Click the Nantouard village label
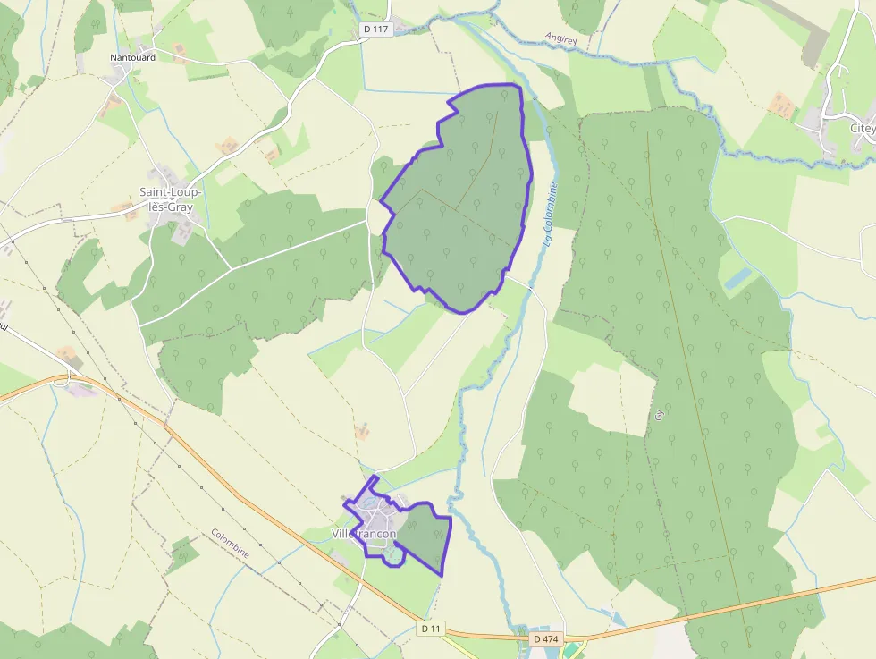point(132,58)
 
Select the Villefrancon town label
point(364,534)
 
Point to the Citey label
point(862,129)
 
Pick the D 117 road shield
point(377,30)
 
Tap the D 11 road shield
point(431,629)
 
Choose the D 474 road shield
point(544,639)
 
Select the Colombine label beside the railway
point(230,544)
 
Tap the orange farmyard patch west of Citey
point(782,106)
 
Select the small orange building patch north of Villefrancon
point(362,432)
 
